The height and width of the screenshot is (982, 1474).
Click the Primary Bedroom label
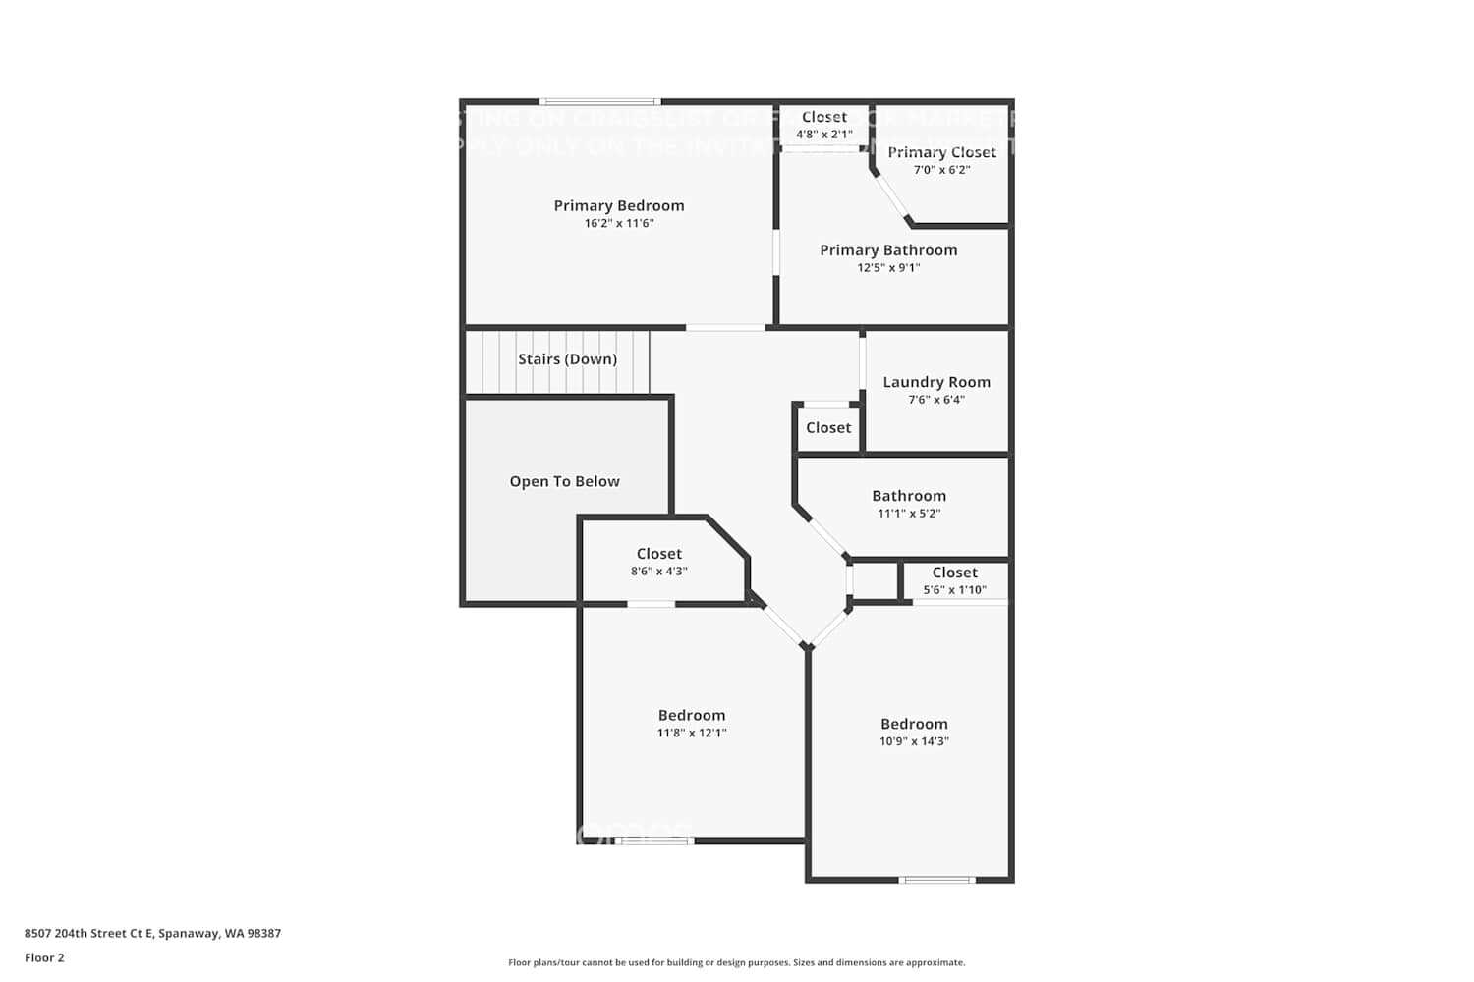pyautogui.click(x=619, y=205)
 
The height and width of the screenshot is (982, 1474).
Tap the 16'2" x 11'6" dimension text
pyautogui.click(x=619, y=224)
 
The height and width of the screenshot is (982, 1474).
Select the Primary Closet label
pyautogui.click(x=941, y=152)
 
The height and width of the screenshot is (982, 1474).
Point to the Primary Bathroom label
pyautogui.click(x=888, y=250)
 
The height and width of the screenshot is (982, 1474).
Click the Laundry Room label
pyautogui.click(x=936, y=382)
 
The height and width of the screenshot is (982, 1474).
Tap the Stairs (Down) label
pyautogui.click(x=568, y=359)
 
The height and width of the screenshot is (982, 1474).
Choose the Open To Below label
pyautogui.click(x=564, y=481)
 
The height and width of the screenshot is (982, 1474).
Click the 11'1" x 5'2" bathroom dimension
pyautogui.click(x=909, y=514)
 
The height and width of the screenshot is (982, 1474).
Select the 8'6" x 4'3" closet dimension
pyautogui.click(x=658, y=572)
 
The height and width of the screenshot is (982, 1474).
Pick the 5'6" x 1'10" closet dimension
pyautogui.click(x=954, y=590)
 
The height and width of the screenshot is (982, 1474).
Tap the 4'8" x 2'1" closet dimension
pyautogui.click(x=823, y=135)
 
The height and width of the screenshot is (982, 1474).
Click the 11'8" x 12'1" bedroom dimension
pyautogui.click(x=692, y=734)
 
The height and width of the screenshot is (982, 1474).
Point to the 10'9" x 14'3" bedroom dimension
pyautogui.click(x=914, y=741)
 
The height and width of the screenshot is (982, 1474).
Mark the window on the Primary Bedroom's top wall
pyautogui.click(x=599, y=101)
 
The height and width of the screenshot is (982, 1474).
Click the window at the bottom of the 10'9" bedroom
pyautogui.click(x=937, y=880)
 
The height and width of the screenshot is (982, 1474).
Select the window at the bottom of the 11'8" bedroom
pyautogui.click(x=656, y=841)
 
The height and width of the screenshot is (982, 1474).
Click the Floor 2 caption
pyautogui.click(x=44, y=958)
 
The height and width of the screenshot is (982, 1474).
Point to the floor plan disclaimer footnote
pyautogui.click(x=736, y=963)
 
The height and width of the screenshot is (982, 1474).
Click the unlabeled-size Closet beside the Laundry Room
pyautogui.click(x=828, y=428)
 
